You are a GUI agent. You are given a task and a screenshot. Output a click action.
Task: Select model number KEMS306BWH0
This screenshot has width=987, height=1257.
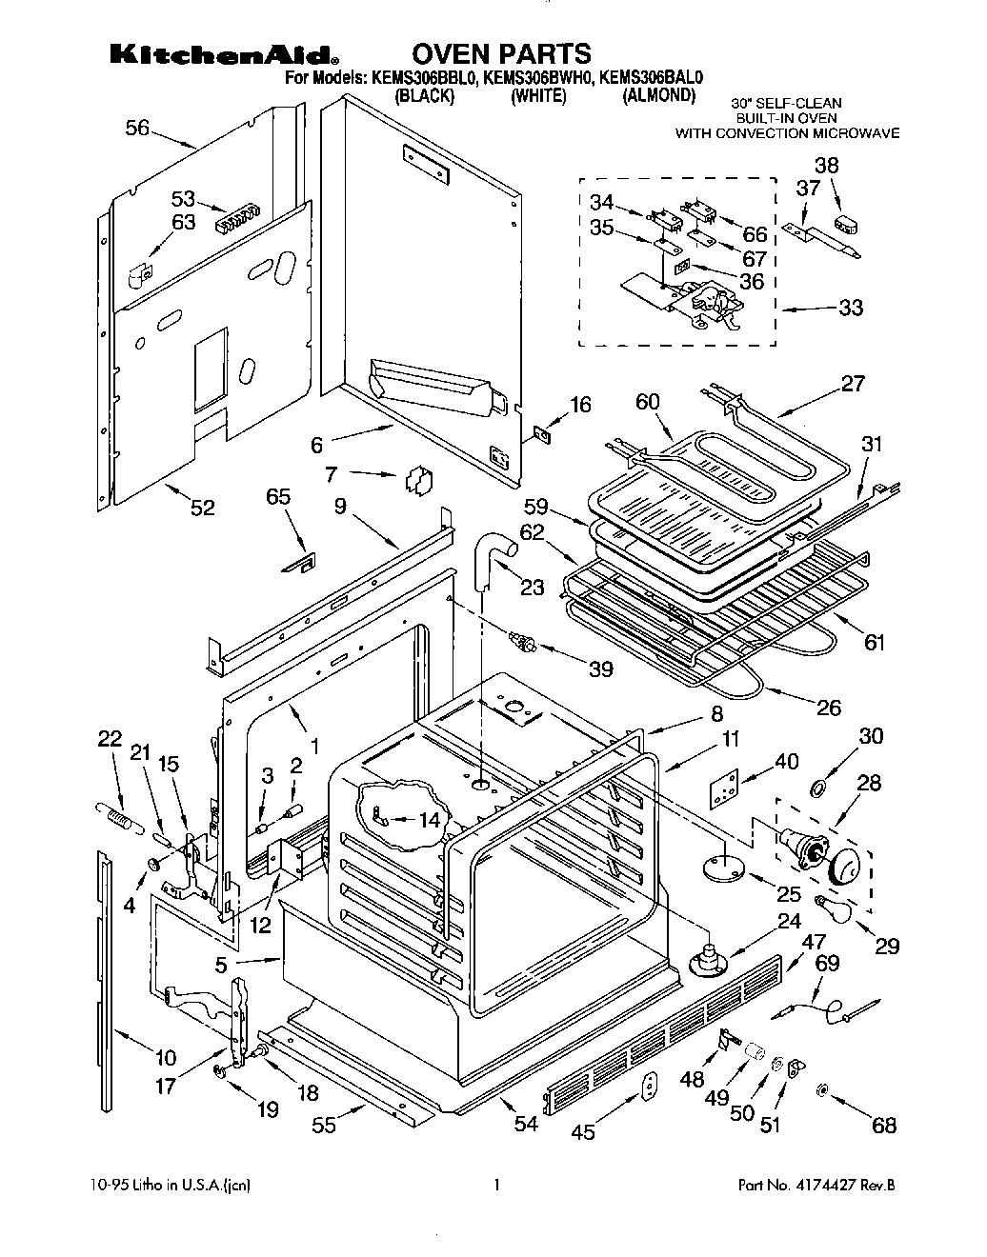pos(537,79)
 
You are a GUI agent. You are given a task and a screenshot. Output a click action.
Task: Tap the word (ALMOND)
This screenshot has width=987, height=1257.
pos(658,96)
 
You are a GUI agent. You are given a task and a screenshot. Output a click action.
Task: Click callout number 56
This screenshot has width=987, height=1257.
pos(137,128)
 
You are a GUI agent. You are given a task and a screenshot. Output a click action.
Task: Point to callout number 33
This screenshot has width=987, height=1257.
pos(850,308)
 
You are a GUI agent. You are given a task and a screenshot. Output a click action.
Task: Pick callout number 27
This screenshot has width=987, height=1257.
pos(853,383)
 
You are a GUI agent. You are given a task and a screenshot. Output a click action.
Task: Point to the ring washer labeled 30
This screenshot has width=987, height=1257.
pos(817,788)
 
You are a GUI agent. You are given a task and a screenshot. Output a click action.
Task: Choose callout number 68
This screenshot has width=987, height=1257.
pos(884,1126)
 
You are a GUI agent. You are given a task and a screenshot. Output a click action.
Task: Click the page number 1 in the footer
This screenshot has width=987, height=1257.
pos(496,1187)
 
